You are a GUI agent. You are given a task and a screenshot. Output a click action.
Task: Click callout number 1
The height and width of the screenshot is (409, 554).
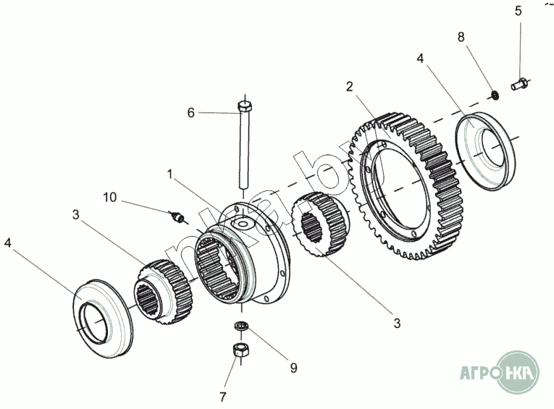pos(169,174)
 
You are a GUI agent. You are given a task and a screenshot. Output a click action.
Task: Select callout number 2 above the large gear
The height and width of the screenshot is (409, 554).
pos(350,86)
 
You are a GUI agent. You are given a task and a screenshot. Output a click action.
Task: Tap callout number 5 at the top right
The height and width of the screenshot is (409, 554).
pos(518,11)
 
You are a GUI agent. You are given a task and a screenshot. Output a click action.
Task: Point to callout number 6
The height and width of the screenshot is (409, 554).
pos(191,113)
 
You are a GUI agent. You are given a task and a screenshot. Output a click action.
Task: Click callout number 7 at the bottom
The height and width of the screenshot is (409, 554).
pos(223,396)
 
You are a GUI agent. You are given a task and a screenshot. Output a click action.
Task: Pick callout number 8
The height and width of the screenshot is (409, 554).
pos(461,37)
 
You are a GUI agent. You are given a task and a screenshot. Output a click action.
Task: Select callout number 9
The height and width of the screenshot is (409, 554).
pos(293,368)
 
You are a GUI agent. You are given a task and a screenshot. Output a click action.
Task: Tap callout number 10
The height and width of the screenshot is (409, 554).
pos(109,197)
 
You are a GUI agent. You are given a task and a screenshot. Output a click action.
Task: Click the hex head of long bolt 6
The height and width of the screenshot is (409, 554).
pos(244,108)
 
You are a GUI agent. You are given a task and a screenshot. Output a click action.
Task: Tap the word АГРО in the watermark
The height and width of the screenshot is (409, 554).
pos(477,373)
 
